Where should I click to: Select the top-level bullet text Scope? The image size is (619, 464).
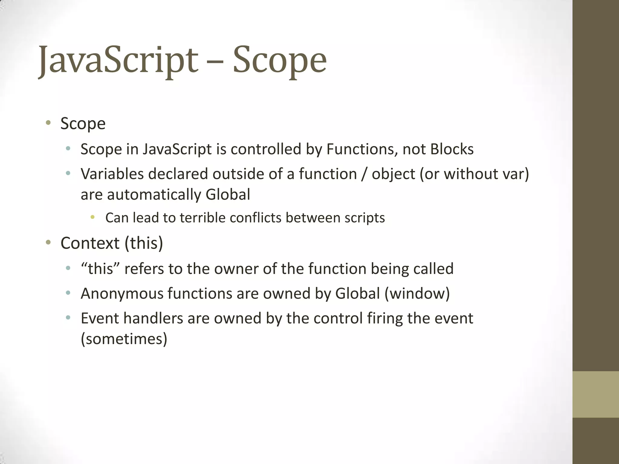click(x=83, y=124)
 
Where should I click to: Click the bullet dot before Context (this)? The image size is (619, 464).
click(x=48, y=242)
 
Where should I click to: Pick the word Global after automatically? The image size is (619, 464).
click(x=228, y=195)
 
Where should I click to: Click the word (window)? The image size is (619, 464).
click(x=417, y=294)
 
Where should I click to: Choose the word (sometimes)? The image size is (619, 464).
click(x=124, y=339)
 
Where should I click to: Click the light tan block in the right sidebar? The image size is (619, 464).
click(x=595, y=394)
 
